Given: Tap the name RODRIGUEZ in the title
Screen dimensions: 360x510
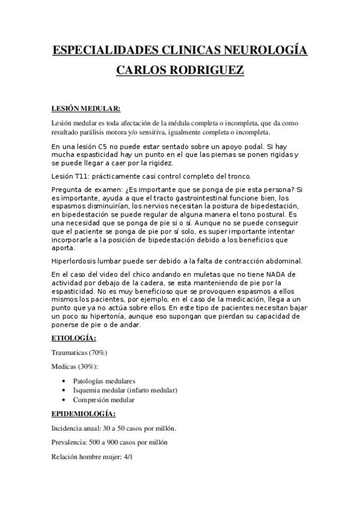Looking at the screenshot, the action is [x=211, y=71].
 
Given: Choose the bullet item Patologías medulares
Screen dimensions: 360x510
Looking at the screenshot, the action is [x=104, y=381].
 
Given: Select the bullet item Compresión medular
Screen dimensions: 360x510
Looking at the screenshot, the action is [x=103, y=399].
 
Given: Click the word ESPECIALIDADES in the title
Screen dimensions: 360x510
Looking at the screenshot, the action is [x=106, y=49].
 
